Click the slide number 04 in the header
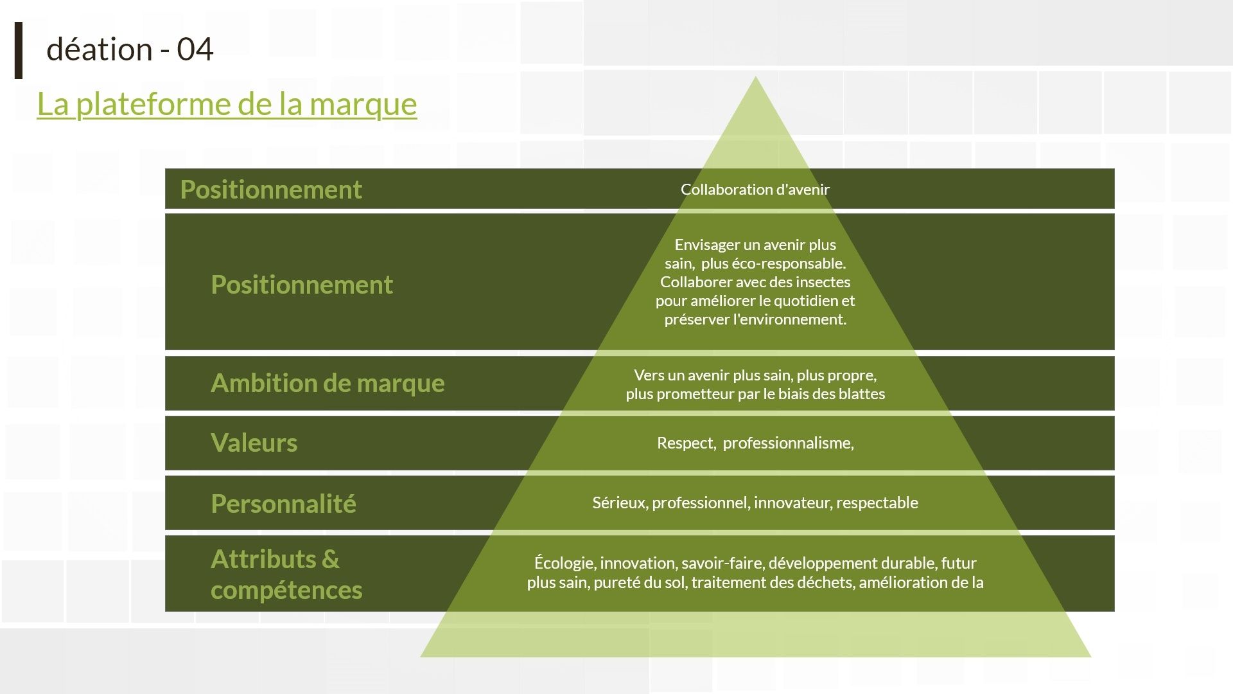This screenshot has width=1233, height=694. click(x=195, y=49)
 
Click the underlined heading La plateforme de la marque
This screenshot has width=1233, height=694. click(x=227, y=103)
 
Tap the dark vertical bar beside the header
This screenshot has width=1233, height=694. click(x=19, y=50)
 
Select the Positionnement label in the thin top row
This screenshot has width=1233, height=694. click(x=271, y=190)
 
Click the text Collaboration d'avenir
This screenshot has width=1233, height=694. click(x=755, y=189)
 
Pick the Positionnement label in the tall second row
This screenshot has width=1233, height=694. click(x=302, y=285)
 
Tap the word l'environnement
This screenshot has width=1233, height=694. click(x=790, y=319)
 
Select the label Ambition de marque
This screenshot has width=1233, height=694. click(x=328, y=383)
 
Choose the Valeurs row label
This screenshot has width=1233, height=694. click(x=254, y=443)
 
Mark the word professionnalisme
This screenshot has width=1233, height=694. click(x=789, y=443)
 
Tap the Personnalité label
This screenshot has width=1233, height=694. click(x=283, y=503)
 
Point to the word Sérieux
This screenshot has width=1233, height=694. click(x=620, y=503)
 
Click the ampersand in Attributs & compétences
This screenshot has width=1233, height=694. click(x=330, y=559)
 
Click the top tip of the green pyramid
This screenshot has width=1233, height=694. click(x=756, y=76)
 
